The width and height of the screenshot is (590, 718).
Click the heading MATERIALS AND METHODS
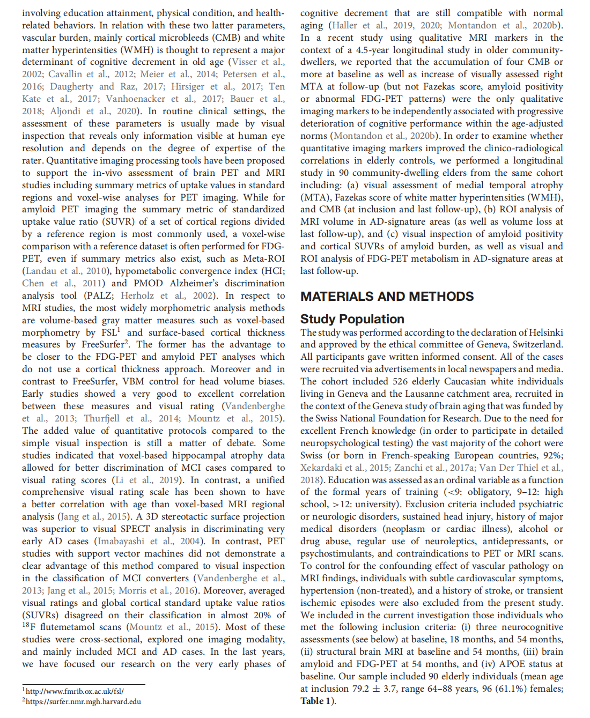coord(387,297)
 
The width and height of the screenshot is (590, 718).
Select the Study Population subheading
coord(352,319)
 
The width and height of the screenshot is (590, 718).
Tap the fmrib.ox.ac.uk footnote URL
coord(75,692)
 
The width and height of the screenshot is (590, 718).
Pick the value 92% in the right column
coord(552,455)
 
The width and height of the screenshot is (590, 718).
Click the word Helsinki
coord(544,332)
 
